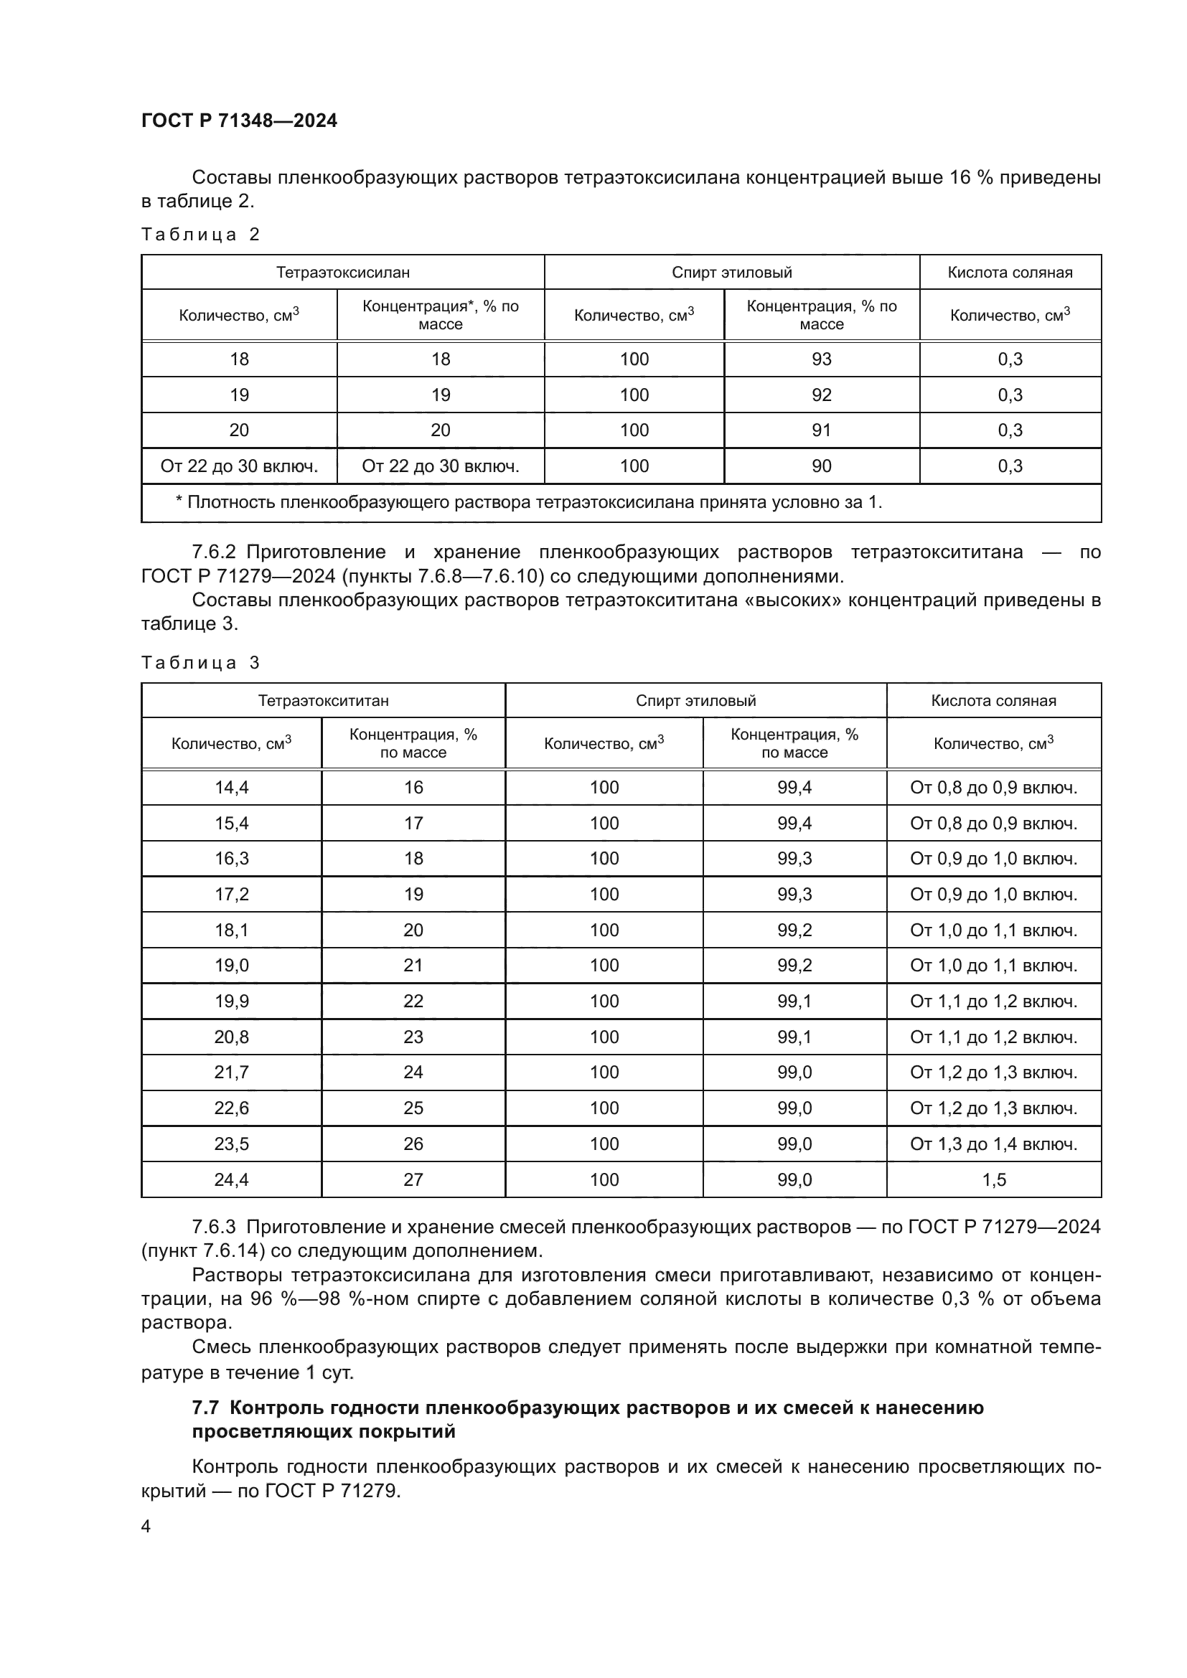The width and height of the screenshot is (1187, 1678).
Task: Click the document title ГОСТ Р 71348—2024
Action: tap(239, 121)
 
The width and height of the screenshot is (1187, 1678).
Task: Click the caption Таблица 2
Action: tap(200, 235)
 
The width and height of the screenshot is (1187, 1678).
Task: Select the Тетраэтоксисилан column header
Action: tap(342, 273)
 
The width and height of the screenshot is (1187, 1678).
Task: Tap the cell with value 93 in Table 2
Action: tap(821, 359)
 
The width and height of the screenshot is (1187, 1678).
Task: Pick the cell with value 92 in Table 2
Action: tap(821, 395)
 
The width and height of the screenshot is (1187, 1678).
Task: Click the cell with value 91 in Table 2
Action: tap(821, 430)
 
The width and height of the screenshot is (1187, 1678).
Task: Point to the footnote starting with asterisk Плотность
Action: tap(528, 502)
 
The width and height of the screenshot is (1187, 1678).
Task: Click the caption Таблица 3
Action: tap(200, 663)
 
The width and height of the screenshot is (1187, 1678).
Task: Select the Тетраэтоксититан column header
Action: tap(323, 701)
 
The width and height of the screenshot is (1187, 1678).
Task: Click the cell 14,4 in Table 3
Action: tap(231, 787)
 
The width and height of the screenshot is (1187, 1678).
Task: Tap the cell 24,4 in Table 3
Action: tap(231, 1179)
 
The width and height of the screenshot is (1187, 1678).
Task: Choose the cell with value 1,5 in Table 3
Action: tap(993, 1179)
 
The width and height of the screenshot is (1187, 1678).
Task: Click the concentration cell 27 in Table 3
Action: tap(413, 1179)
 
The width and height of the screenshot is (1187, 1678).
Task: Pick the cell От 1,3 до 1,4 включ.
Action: tap(993, 1144)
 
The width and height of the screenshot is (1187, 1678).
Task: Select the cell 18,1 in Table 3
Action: tap(231, 930)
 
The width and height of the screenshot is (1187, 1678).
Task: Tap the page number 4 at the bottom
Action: tap(146, 1527)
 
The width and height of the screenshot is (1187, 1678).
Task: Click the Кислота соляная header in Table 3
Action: tap(993, 701)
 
